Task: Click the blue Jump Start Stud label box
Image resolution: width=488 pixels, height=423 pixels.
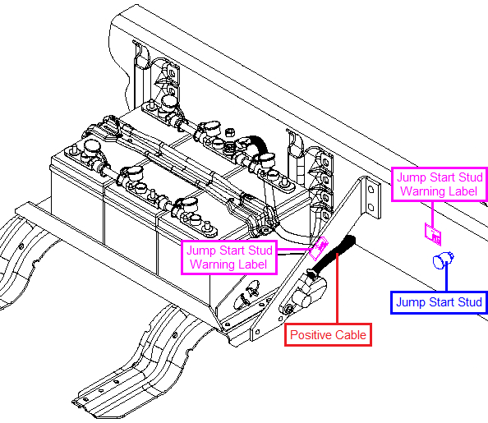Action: [x=439, y=302]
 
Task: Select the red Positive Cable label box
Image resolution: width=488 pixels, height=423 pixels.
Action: [x=328, y=335]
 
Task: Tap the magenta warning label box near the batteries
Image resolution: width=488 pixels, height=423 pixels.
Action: [x=229, y=257]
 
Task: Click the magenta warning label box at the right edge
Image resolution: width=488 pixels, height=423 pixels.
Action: [x=440, y=184]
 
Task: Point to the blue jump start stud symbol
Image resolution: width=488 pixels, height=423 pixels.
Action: [x=443, y=260]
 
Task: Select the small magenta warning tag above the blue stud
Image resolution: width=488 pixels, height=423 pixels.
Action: [x=433, y=234]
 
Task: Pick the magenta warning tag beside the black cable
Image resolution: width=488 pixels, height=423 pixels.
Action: [x=318, y=248]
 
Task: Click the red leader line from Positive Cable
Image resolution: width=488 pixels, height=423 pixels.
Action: [x=337, y=288]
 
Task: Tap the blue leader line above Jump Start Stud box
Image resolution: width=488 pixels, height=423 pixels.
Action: [x=447, y=277]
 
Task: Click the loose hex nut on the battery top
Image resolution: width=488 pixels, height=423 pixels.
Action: [x=229, y=132]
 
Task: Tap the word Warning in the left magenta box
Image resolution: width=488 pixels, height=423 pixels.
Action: [x=213, y=264]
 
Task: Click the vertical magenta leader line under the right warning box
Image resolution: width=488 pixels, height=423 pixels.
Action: [x=433, y=214]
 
